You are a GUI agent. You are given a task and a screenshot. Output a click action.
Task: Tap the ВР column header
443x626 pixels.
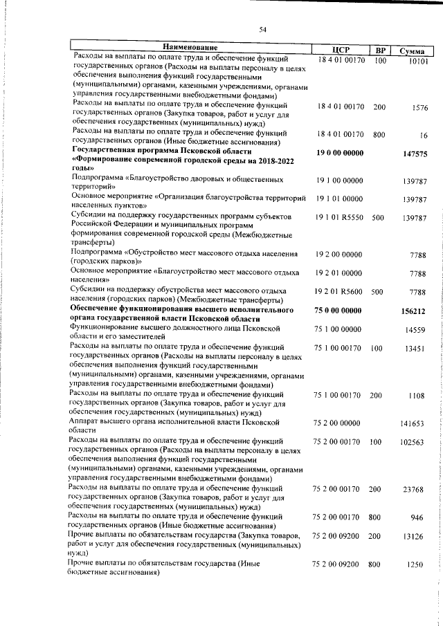pos(380,50)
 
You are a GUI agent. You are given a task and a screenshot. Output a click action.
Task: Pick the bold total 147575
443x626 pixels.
pos(415,155)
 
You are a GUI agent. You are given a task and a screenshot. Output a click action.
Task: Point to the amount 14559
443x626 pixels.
pos(416,331)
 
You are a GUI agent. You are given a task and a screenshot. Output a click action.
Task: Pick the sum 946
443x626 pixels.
pos(417,517)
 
